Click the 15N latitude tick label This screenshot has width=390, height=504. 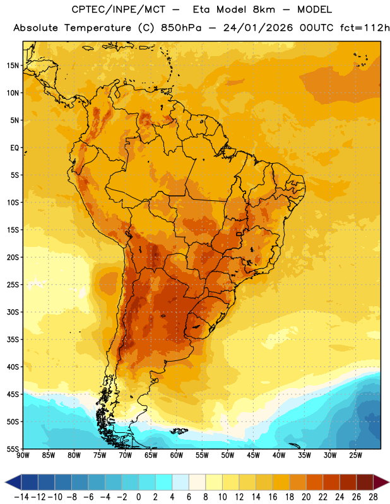pos(13,66)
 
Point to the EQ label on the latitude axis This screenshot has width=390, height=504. pos(15,148)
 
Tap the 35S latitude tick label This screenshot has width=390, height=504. pos(13,340)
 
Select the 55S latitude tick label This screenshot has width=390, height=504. pos(13,449)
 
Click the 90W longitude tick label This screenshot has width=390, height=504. pos(23,455)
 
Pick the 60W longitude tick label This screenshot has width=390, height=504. pos(177,455)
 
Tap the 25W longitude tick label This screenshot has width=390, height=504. pos(355,455)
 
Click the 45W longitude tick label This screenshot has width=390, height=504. pos(253,455)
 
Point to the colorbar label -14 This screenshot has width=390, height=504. pos(21,497)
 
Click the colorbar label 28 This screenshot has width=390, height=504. pos(373,497)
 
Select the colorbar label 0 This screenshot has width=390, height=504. pos(139,497)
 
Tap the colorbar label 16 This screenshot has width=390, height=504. pos(273,497)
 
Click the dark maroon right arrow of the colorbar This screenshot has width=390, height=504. pos(381,482)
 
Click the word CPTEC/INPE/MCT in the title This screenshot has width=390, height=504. pos(118,9)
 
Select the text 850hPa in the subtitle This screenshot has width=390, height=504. pos(181,28)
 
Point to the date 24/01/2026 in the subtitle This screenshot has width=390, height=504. pos(258,28)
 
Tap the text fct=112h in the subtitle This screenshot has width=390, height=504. pos(365,28)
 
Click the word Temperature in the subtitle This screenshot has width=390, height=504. pos(98,28)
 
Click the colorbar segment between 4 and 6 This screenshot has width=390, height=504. pos(180,482)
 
